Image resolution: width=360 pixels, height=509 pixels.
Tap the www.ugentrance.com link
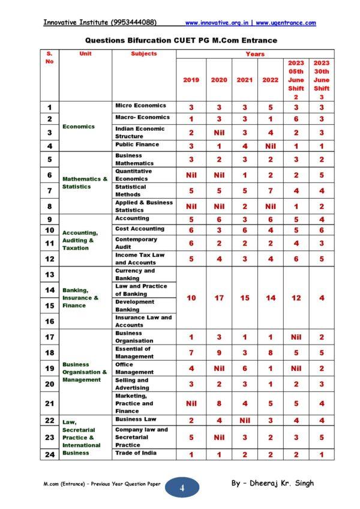click(x=286, y=23)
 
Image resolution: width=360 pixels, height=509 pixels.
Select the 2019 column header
click(x=191, y=80)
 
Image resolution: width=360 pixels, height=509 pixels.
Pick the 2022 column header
click(x=270, y=80)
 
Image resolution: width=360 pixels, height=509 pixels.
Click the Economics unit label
click(x=78, y=127)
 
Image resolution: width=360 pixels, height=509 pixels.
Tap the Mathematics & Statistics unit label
click(x=85, y=182)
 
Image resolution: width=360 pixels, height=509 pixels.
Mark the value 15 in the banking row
click(x=244, y=298)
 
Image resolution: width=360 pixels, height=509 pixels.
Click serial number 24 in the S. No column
click(x=50, y=454)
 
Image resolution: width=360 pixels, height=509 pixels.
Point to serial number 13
click(x=50, y=274)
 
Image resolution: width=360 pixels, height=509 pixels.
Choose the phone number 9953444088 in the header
click(x=134, y=23)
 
